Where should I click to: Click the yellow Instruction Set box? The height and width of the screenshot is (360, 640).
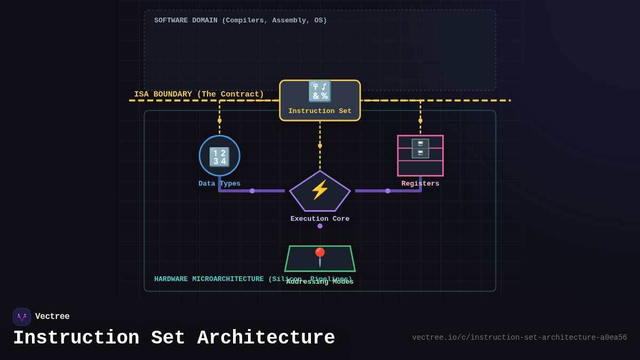[x=320, y=100]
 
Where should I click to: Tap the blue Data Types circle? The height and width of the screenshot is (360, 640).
[x=219, y=156]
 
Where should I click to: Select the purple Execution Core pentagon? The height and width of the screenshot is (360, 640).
[x=320, y=192]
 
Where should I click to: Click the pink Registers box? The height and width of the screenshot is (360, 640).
[x=420, y=156]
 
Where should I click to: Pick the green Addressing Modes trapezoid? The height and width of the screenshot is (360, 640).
[x=320, y=259]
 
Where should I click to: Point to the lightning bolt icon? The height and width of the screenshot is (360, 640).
[x=320, y=190]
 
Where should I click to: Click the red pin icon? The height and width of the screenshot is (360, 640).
[x=320, y=256]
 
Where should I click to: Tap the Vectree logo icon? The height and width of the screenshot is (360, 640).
[x=22, y=317]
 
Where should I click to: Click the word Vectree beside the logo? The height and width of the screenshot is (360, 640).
[x=52, y=317]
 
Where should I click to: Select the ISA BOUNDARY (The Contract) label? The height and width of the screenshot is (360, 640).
[x=199, y=94]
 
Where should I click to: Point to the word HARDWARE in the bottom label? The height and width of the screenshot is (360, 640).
[x=171, y=279]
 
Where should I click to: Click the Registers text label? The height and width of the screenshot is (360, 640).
[x=420, y=184]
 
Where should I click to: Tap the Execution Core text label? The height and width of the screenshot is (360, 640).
[x=320, y=219]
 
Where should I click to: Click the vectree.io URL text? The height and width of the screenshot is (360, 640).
[x=519, y=338]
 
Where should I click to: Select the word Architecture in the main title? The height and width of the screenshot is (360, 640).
[x=266, y=339]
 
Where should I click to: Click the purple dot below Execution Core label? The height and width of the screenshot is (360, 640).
[x=320, y=226]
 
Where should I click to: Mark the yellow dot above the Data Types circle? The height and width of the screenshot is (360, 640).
[x=219, y=121]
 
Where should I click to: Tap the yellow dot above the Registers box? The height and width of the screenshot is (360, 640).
[x=420, y=121]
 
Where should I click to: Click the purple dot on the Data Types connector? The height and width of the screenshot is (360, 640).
[x=252, y=191]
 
